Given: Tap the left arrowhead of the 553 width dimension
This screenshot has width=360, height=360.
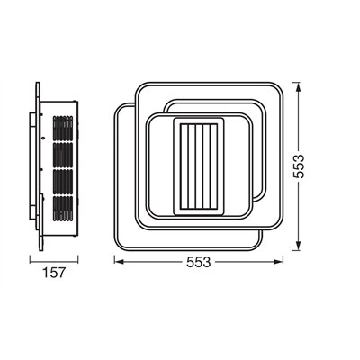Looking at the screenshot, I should point(118,261).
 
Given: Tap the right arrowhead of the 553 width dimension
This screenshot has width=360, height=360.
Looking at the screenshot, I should point(283,261).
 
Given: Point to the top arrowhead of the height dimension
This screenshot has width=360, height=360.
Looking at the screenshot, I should point(300,87).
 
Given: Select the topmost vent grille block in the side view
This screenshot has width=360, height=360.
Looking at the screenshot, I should point(61,126).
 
